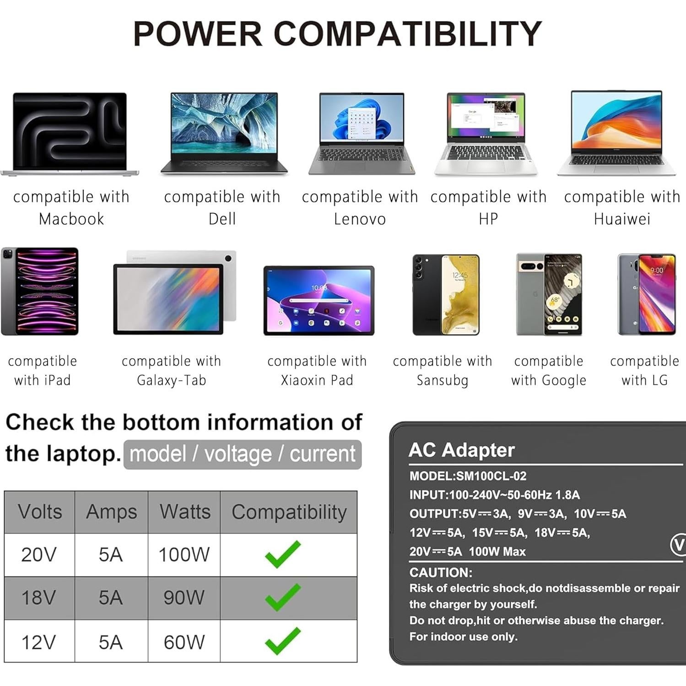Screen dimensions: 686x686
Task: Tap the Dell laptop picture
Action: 224,133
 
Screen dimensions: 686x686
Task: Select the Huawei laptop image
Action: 616,133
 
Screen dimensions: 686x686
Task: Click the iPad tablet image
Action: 40,292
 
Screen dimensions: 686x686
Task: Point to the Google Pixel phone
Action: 549,294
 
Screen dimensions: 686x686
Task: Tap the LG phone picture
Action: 647,294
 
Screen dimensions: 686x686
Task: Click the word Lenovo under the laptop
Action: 360,219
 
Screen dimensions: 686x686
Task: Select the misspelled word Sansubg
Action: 442,380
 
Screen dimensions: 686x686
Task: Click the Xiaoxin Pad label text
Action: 317,380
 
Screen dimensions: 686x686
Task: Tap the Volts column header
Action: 40,512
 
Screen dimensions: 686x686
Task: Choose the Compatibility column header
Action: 289,512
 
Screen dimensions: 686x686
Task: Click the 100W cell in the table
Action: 184,555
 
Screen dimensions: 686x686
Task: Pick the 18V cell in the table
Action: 39,598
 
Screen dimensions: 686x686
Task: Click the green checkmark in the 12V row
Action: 283,641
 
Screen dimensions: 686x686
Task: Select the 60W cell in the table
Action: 184,642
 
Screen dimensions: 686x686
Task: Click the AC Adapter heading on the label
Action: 461,450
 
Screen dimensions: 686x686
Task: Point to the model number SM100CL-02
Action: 491,476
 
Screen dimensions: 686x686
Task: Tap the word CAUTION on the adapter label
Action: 440,572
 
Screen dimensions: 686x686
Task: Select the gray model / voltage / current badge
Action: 243,454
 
